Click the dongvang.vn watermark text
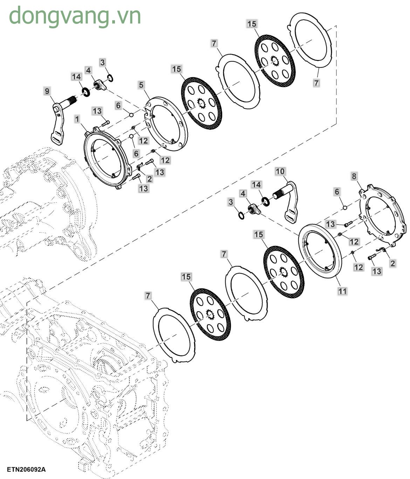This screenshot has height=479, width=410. click(75, 16)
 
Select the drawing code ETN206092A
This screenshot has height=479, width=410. click(26, 470)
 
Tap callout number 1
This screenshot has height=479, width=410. click(77, 119)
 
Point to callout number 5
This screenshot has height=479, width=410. click(141, 85)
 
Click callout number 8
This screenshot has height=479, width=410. click(354, 176)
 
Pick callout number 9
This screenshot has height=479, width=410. click(47, 91)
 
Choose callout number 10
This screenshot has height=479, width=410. click(280, 171)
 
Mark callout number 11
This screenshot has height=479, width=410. click(342, 291)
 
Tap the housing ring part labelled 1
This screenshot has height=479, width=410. click(105, 158)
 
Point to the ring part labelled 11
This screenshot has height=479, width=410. click(320, 251)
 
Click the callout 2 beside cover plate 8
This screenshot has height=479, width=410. click(392, 263)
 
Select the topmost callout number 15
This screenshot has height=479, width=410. click(252, 24)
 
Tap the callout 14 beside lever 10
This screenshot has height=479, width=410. click(257, 185)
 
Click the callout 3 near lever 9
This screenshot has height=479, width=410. click(102, 62)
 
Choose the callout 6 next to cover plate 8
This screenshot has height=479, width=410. click(337, 192)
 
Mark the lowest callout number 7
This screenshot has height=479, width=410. click(148, 296)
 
